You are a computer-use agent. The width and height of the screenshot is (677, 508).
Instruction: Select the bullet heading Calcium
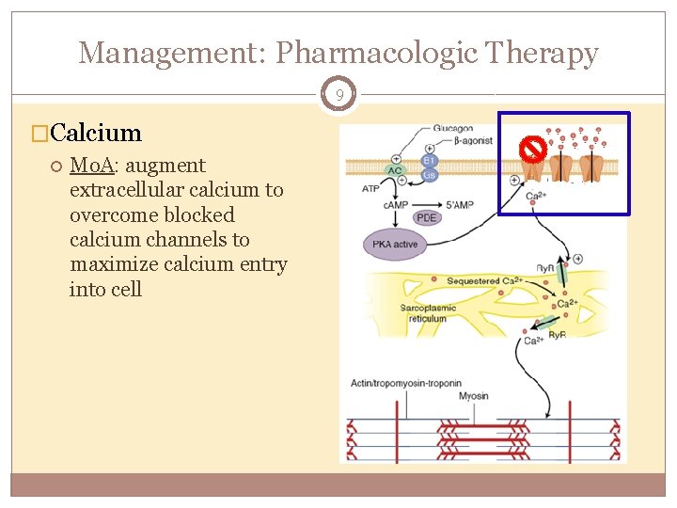click(x=98, y=134)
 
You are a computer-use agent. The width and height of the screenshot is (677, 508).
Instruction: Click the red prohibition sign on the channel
click(x=533, y=148)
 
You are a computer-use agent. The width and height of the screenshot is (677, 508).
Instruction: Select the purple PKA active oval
click(x=394, y=244)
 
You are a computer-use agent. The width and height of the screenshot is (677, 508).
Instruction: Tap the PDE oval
click(x=427, y=218)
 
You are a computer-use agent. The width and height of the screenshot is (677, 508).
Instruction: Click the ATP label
click(x=372, y=188)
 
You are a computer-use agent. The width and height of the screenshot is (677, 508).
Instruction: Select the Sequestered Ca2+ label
click(x=483, y=281)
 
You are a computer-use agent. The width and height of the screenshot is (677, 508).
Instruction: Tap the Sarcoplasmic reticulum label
click(x=428, y=313)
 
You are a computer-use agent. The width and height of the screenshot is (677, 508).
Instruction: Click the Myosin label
click(x=474, y=396)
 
